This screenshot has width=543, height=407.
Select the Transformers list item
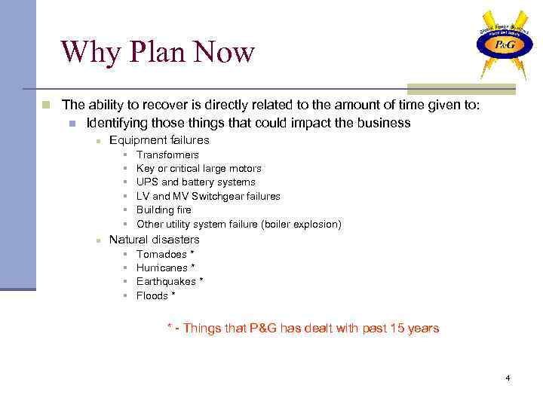click(167, 155)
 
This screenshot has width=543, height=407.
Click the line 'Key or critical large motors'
click(198, 168)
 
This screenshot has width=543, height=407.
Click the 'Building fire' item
click(164, 210)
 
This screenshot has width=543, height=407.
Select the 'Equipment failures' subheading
click(159, 139)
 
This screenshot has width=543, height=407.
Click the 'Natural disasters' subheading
click(155, 240)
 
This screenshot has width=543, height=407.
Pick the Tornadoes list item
click(161, 254)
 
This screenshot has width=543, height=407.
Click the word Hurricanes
click(162, 268)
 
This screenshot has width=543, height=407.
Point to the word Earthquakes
click(166, 281)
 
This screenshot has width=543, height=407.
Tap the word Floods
click(152, 295)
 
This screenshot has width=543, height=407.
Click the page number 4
click(508, 377)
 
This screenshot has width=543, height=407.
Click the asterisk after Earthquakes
click(201, 281)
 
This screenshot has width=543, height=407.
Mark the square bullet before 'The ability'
click(46, 105)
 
